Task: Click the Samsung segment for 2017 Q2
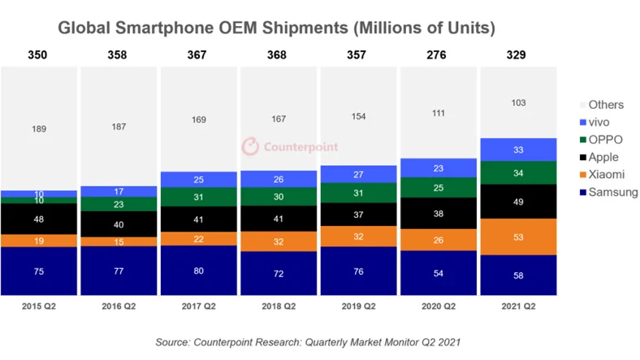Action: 198,271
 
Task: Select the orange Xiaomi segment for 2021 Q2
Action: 518,236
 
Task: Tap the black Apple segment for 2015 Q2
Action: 39,219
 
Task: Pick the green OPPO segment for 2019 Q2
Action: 358,193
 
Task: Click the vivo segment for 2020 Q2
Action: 438,167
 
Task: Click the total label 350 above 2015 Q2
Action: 39,55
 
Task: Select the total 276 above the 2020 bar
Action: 438,55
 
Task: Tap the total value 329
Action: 518,55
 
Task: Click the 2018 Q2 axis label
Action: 278,306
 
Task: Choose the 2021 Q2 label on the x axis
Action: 518,306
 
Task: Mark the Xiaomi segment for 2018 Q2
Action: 278,241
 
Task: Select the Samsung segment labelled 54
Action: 438,273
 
